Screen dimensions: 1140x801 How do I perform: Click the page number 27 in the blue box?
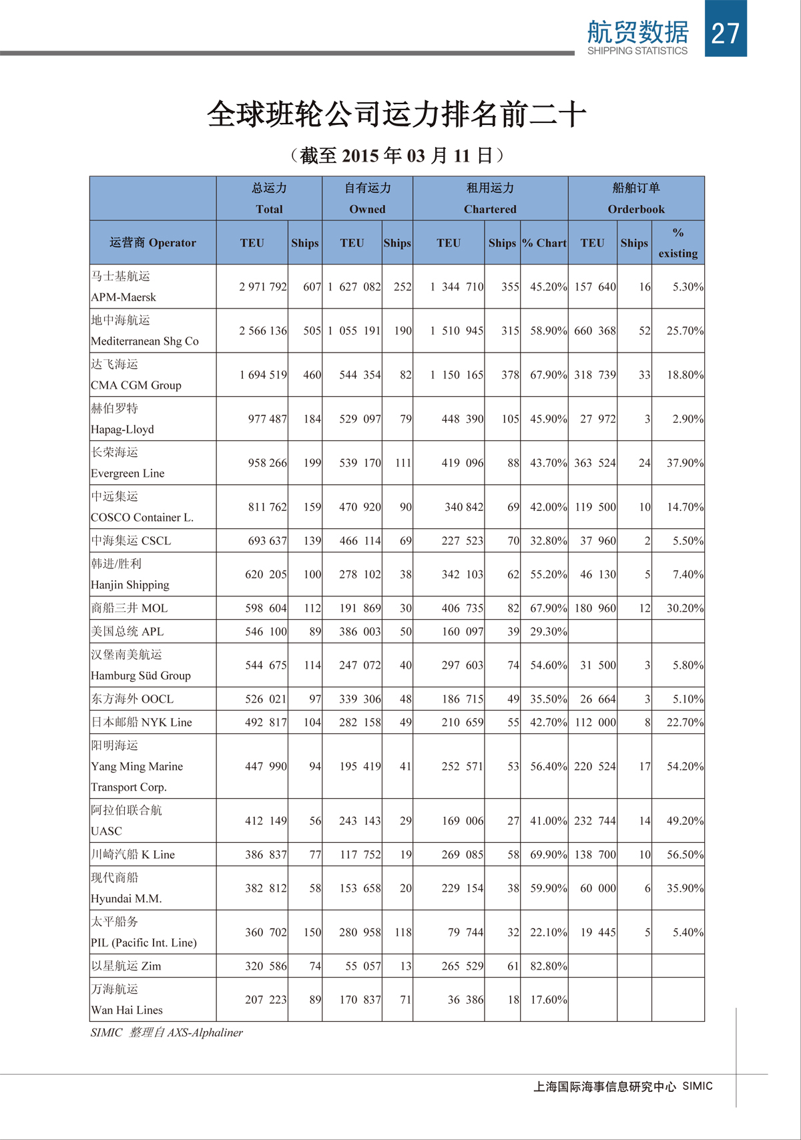coord(726,33)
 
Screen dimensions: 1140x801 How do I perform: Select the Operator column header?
coord(153,242)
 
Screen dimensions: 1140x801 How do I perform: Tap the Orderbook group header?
coord(636,209)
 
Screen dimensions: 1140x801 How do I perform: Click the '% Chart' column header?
coord(544,243)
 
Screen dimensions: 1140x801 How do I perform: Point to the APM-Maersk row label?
coord(123,297)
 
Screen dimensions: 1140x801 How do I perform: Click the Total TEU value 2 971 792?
coord(263,287)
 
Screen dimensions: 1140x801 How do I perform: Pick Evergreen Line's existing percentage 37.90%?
coord(685,463)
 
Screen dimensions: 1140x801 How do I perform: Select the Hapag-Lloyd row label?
coord(122,429)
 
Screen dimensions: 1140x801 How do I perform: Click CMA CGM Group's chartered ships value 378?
coord(510,375)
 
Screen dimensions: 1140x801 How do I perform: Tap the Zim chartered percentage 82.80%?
coord(548,966)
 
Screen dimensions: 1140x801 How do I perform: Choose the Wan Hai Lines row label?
coord(127,1010)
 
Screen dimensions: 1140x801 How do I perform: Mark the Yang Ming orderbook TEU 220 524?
coord(595,766)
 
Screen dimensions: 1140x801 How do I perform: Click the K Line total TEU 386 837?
coord(266,854)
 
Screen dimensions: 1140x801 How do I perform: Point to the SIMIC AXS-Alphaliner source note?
coord(167,1032)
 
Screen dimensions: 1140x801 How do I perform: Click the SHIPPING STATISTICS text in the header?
coord(637,51)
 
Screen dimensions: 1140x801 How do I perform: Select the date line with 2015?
coord(397,156)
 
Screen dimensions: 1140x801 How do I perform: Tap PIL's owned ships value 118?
coord(403,932)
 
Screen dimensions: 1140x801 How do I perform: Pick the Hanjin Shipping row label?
coord(130,585)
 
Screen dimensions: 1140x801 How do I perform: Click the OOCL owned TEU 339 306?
coord(360,699)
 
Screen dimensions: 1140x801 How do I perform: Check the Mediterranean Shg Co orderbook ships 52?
coord(644,331)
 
